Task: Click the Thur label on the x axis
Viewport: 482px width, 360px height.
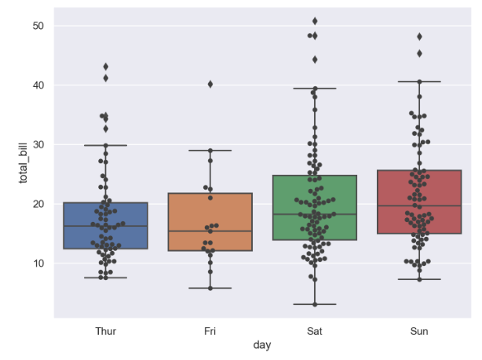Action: click(x=106, y=332)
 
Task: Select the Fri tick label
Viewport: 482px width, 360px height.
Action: click(x=210, y=332)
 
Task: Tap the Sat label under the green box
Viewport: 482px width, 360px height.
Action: click(x=315, y=332)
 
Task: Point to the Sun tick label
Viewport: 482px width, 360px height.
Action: click(x=419, y=332)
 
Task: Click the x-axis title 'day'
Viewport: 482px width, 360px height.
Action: click(x=262, y=345)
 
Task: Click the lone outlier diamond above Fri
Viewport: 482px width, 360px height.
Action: click(x=210, y=84)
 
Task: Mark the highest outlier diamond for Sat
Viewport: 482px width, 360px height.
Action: click(x=315, y=21)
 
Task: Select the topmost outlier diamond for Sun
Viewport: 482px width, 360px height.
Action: click(x=419, y=36)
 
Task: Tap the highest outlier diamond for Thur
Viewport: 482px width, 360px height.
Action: click(x=106, y=67)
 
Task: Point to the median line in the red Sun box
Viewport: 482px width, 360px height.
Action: click(x=419, y=205)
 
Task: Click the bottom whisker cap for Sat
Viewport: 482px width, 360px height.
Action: click(x=315, y=304)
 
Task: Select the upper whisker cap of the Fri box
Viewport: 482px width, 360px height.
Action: click(x=210, y=151)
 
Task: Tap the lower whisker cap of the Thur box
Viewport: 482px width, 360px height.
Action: click(x=106, y=278)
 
